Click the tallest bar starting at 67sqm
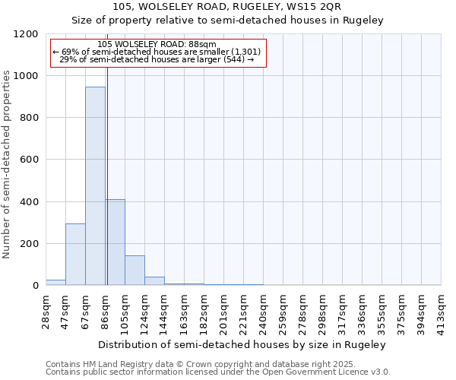pos(95,186)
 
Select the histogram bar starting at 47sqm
pos(75,255)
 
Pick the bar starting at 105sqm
pos(135,271)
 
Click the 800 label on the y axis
pos(29,118)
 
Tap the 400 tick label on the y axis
pos(29,202)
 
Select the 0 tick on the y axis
pos(35,286)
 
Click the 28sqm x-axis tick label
pos(46,307)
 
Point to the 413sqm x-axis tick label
pos(442,309)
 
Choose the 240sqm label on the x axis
pos(264,309)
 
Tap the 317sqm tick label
pos(343,309)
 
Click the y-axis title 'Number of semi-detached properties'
pos(7,160)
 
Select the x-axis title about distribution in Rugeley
pos(243,344)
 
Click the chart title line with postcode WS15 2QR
pos(227,7)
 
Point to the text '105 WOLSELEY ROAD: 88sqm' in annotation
pos(157,45)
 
